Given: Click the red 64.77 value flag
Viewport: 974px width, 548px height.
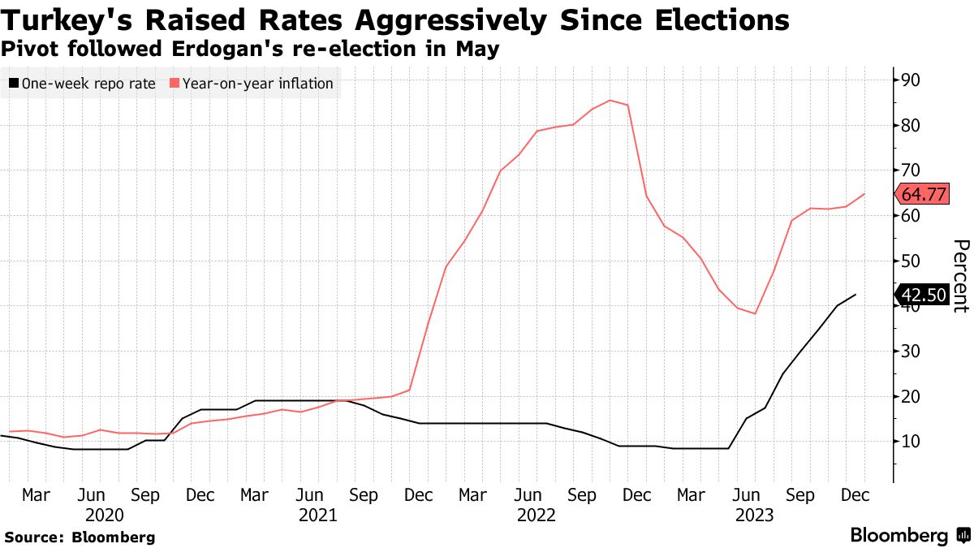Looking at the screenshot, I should (x=922, y=195).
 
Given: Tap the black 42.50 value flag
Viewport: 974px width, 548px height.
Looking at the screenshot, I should (x=922, y=295).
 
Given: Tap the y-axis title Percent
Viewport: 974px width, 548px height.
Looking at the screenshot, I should (x=960, y=275).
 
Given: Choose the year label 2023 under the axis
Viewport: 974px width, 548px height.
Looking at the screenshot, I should (x=754, y=515).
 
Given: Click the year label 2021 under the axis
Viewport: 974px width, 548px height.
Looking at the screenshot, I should (x=319, y=515).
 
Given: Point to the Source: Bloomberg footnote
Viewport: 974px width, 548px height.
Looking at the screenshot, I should (x=80, y=537).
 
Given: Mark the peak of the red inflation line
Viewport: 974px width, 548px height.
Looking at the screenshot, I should (x=610, y=101).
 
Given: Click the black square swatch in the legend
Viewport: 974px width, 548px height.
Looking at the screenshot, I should (x=14, y=83).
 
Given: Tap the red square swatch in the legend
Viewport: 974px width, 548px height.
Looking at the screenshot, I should (x=174, y=83).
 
